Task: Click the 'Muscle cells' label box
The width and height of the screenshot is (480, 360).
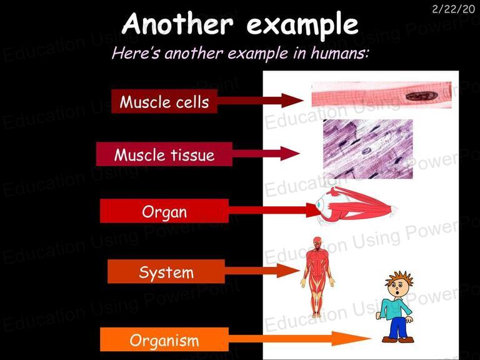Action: coord(164,101)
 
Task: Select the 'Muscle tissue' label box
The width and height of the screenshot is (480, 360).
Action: coord(164,154)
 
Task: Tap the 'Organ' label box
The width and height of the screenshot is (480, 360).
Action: coord(164,211)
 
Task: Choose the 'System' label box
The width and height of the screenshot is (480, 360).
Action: coord(166,271)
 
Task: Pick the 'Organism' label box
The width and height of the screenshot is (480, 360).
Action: coord(164,339)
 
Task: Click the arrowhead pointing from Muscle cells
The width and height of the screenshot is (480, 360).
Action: coord(292,101)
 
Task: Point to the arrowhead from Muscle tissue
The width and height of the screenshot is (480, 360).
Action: coord(289,153)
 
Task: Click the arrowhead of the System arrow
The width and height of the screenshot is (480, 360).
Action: coord(289,271)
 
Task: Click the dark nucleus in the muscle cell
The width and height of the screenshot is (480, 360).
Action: coord(421,96)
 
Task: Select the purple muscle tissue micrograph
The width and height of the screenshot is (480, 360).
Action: coord(367,149)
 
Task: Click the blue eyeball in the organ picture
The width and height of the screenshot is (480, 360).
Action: coord(319,204)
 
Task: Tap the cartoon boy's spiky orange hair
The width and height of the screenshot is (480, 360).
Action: coord(399,278)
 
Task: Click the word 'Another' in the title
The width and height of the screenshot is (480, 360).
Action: coord(177,24)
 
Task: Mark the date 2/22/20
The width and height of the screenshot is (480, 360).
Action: coord(453,9)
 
